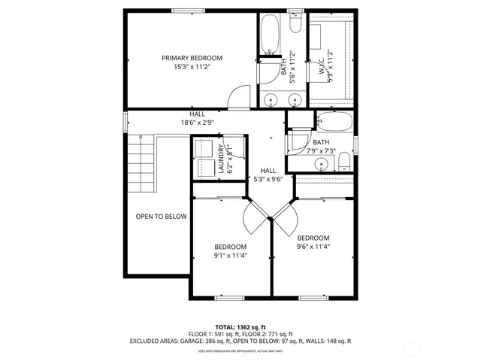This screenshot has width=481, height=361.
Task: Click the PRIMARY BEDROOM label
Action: (192, 58)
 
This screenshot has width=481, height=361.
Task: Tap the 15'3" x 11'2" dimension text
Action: (192, 67)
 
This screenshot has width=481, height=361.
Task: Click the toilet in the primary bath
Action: (295, 27)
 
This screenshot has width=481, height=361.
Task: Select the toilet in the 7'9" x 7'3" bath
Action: (343, 160)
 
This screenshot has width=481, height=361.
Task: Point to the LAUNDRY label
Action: (221, 159)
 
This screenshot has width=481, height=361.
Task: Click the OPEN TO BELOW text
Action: (161, 217)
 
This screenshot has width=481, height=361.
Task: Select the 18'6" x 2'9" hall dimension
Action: (197, 123)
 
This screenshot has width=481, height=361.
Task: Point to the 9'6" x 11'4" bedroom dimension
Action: (313, 246)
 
